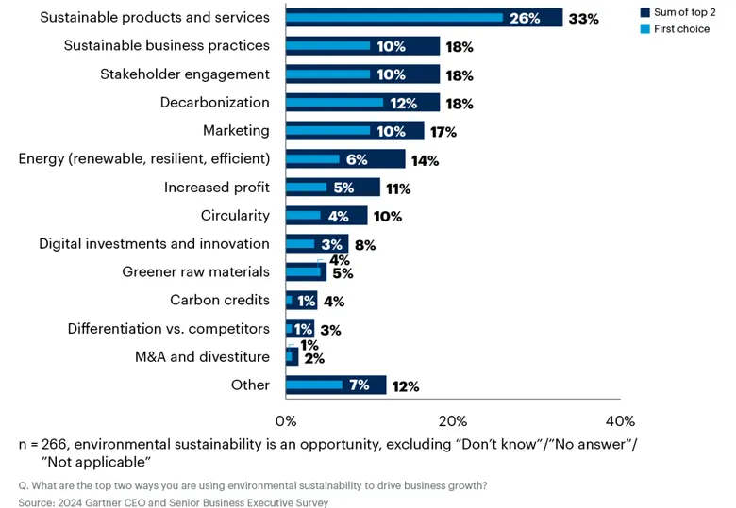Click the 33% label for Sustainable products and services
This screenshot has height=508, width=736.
pyautogui.click(x=583, y=19)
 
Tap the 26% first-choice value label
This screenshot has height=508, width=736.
pyautogui.click(x=525, y=18)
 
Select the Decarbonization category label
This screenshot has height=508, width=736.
pyautogui.click(x=215, y=102)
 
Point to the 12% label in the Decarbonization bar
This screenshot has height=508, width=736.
pyautogui.click(x=403, y=103)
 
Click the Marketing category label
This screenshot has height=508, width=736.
pyautogui.click(x=236, y=131)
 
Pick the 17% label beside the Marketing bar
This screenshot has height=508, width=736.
pyautogui.click(x=443, y=132)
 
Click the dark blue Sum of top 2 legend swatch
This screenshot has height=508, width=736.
pyautogui.click(x=644, y=12)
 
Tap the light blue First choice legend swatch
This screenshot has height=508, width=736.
pyautogui.click(x=644, y=29)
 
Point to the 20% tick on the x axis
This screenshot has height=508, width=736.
pyautogui.click(x=453, y=421)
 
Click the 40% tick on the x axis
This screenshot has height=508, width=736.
pyautogui.click(x=620, y=421)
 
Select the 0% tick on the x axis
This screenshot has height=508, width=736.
pyautogui.click(x=286, y=421)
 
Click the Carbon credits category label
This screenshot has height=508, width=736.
pyautogui.click(x=220, y=300)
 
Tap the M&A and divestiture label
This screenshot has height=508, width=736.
pyautogui.click(x=202, y=356)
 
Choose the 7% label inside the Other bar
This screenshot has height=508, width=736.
pyautogui.click(x=360, y=385)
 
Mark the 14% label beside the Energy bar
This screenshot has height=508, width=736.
pyautogui.click(x=425, y=161)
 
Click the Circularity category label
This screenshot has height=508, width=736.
pyautogui.click(x=235, y=216)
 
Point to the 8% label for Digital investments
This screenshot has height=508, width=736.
pyautogui.click(x=365, y=245)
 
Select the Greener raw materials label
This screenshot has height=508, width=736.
pyautogui.click(x=195, y=271)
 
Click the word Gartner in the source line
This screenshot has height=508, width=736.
pyautogui.click(x=103, y=503)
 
